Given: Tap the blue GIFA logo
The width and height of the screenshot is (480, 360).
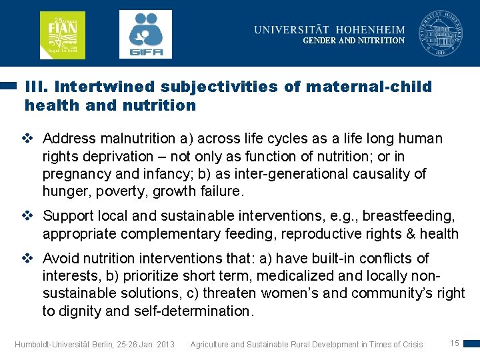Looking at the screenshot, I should tap(145, 34).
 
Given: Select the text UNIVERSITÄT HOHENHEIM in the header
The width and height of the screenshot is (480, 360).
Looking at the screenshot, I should tap(329, 29).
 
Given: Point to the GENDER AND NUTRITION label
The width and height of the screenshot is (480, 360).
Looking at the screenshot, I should tap(353, 41).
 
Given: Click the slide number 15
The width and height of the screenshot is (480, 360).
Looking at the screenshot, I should tap(455, 343).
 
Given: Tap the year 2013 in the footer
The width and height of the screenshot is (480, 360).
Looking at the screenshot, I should tap(163, 345).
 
